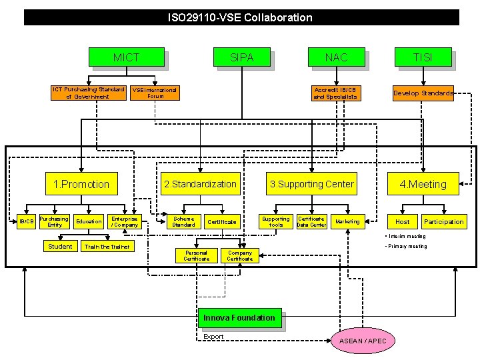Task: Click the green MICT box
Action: click(x=126, y=57)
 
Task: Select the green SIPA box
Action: click(x=241, y=57)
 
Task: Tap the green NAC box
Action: click(x=336, y=57)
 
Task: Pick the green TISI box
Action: click(x=423, y=57)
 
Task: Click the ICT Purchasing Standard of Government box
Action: click(x=89, y=93)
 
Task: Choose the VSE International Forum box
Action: click(x=155, y=93)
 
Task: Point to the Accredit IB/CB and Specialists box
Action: click(x=335, y=93)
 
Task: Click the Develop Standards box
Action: click(x=423, y=93)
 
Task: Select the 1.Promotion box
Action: click(x=81, y=184)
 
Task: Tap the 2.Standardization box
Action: click(x=200, y=184)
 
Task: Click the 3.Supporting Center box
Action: click(x=311, y=184)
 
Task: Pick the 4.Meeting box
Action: click(x=423, y=184)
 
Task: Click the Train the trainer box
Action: click(x=107, y=247)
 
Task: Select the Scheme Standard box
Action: click(x=183, y=221)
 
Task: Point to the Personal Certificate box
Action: click(x=196, y=255)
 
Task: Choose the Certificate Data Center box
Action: click(x=311, y=221)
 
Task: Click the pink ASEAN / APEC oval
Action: click(x=363, y=341)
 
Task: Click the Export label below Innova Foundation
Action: click(x=214, y=337)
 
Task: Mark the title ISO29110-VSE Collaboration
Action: click(x=240, y=17)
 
